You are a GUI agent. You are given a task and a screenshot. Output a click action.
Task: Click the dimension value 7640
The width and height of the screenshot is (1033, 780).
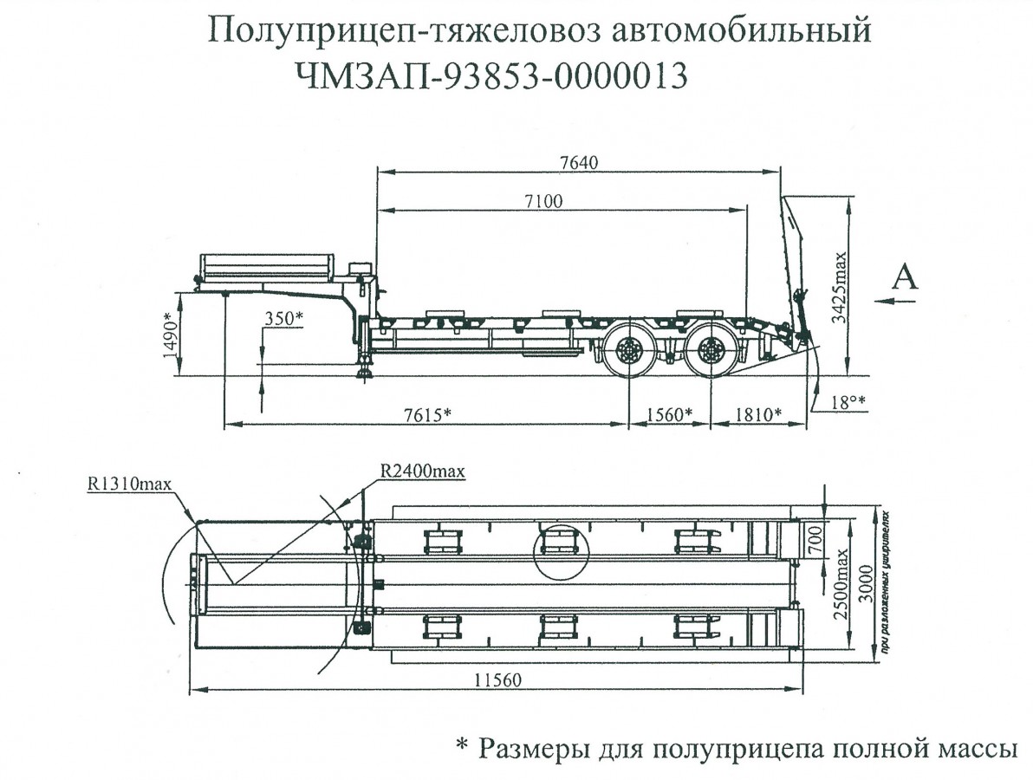(x=580, y=162)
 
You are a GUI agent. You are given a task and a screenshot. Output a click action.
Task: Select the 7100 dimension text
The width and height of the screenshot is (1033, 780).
(x=542, y=201)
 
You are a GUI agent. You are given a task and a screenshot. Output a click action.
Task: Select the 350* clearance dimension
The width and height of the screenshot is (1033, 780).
(x=283, y=318)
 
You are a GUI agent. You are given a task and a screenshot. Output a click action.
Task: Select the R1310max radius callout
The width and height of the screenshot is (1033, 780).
(x=130, y=484)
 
